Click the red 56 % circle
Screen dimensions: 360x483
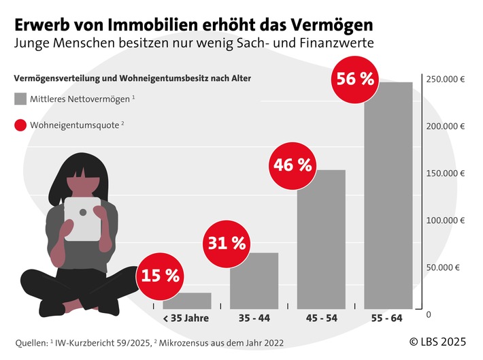pyautogui.click(x=354, y=79)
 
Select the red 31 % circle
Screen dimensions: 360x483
pyautogui.click(x=227, y=242)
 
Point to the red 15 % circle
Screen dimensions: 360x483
pyautogui.click(x=161, y=276)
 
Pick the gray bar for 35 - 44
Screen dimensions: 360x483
pyautogui.click(x=254, y=280)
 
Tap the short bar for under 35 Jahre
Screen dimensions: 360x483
pyautogui.click(x=186, y=301)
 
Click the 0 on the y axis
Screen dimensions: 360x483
pyautogui.click(x=429, y=314)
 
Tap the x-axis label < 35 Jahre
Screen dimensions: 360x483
pyautogui.click(x=186, y=318)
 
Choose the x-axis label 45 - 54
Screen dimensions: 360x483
pyautogui.click(x=321, y=318)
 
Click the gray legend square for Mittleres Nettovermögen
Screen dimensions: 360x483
pyautogui.click(x=20, y=99)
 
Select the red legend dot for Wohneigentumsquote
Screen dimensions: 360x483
pyautogui.click(x=20, y=125)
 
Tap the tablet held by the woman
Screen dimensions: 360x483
pyautogui.click(x=82, y=219)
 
